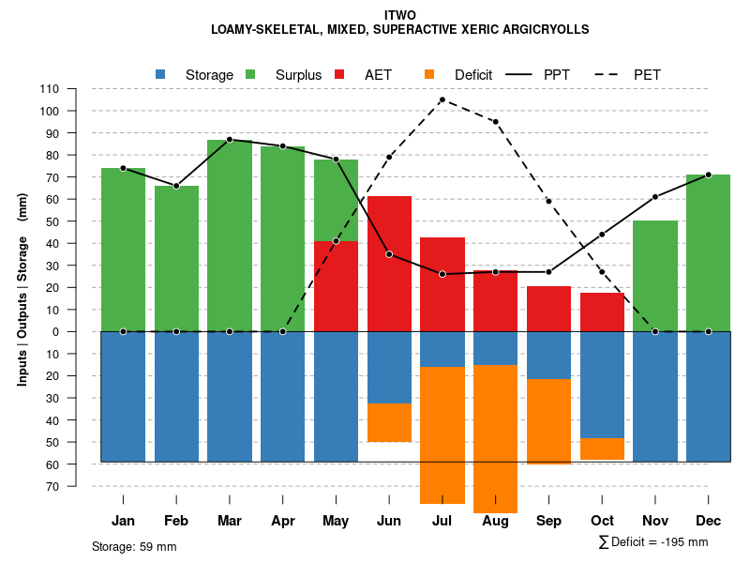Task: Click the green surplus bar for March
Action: coord(230,235)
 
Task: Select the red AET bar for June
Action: coord(389,263)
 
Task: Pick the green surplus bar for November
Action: coord(655,276)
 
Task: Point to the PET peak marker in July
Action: coord(442,99)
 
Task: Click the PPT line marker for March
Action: coord(230,140)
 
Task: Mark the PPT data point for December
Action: coord(708,175)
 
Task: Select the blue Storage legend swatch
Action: coord(161,74)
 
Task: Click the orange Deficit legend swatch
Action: coord(430,74)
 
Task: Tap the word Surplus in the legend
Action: coord(298,74)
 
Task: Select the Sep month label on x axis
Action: coord(548,521)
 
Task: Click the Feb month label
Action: coord(176,521)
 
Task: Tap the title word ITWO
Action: coord(400,15)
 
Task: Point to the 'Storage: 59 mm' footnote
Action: coord(134,546)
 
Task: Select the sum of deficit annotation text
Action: coord(653,542)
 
